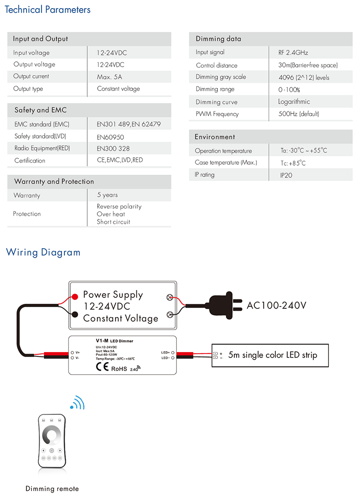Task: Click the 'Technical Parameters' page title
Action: click(47, 9)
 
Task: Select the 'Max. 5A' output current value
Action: click(109, 77)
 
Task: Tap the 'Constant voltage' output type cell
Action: click(118, 89)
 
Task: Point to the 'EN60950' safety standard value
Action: click(110, 137)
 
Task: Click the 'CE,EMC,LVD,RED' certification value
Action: click(120, 160)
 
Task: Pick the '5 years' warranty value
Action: click(107, 195)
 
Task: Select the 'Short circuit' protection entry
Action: click(113, 222)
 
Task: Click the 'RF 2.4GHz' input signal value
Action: click(293, 53)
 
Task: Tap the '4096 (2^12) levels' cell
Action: click(304, 77)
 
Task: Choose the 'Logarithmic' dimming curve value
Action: click(294, 102)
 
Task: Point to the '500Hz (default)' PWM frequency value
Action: click(299, 114)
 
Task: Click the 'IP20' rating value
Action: click(286, 175)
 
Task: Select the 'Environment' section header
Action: click(215, 137)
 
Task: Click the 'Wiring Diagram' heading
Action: click(43, 252)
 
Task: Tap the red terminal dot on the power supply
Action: click(75, 297)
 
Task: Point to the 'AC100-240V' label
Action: click(276, 305)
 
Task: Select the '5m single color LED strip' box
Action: click(270, 355)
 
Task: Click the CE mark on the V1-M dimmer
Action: click(102, 367)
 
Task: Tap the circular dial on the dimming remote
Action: click(51, 435)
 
